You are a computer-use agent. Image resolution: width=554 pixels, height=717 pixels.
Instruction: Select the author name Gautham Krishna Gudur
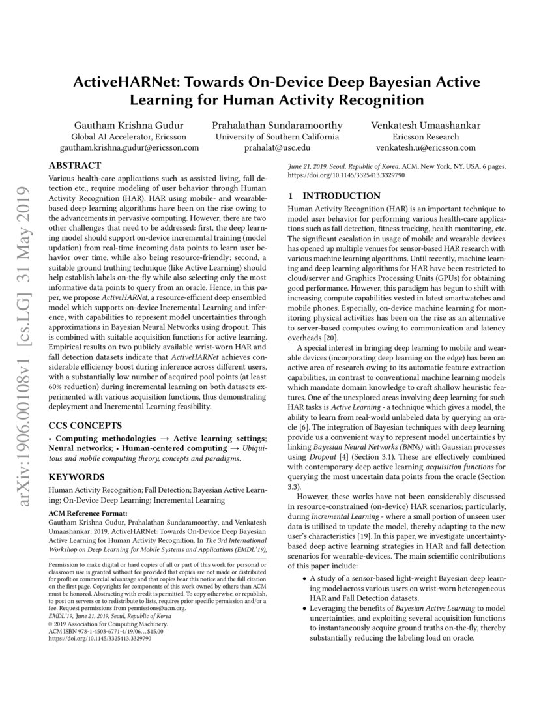pos(129,125)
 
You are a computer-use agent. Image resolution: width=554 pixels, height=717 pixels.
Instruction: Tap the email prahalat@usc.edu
pos(277,148)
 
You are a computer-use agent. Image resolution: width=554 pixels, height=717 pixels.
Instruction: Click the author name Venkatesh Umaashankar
pos(426,125)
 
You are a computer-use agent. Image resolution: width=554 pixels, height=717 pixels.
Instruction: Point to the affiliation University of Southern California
pos(277,137)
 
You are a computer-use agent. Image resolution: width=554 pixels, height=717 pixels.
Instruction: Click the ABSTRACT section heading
pos(75,166)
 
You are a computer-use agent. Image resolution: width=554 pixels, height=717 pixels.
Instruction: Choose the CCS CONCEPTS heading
pos(85,425)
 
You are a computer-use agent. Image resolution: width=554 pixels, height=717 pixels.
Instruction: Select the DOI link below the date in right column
pos(343,176)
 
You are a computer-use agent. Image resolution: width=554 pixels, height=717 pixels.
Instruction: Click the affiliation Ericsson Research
pos(426,137)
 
